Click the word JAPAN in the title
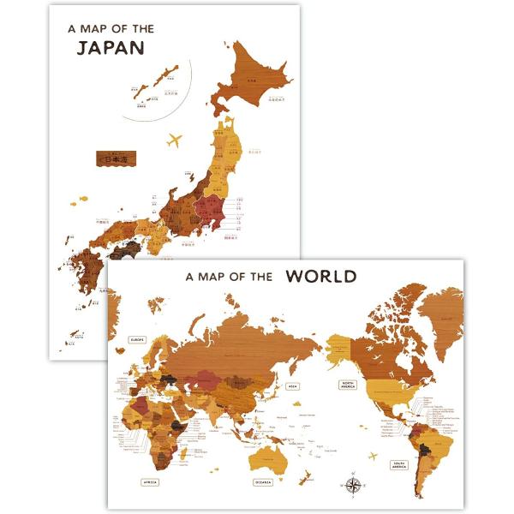(x=111, y=47)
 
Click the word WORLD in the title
(x=321, y=276)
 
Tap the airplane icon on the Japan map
(x=176, y=139)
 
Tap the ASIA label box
(x=292, y=386)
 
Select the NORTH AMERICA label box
(x=349, y=385)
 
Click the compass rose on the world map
(x=354, y=485)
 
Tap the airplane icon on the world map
(x=374, y=455)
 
